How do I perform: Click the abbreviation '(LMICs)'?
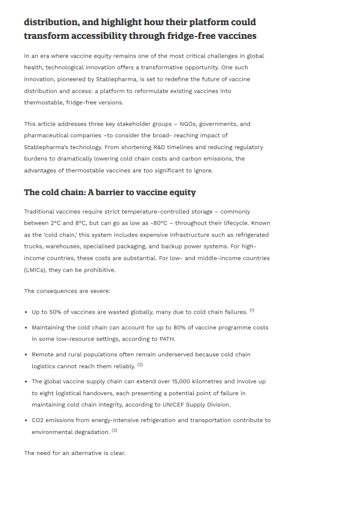pos(35,270)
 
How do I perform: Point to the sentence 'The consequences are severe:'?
pos(67,292)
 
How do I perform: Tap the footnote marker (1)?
pos(252,310)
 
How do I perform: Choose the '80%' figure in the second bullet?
pos(206,328)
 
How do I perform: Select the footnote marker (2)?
pos(140,365)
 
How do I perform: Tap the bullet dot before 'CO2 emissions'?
pos(26,420)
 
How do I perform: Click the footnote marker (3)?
pos(114,430)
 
